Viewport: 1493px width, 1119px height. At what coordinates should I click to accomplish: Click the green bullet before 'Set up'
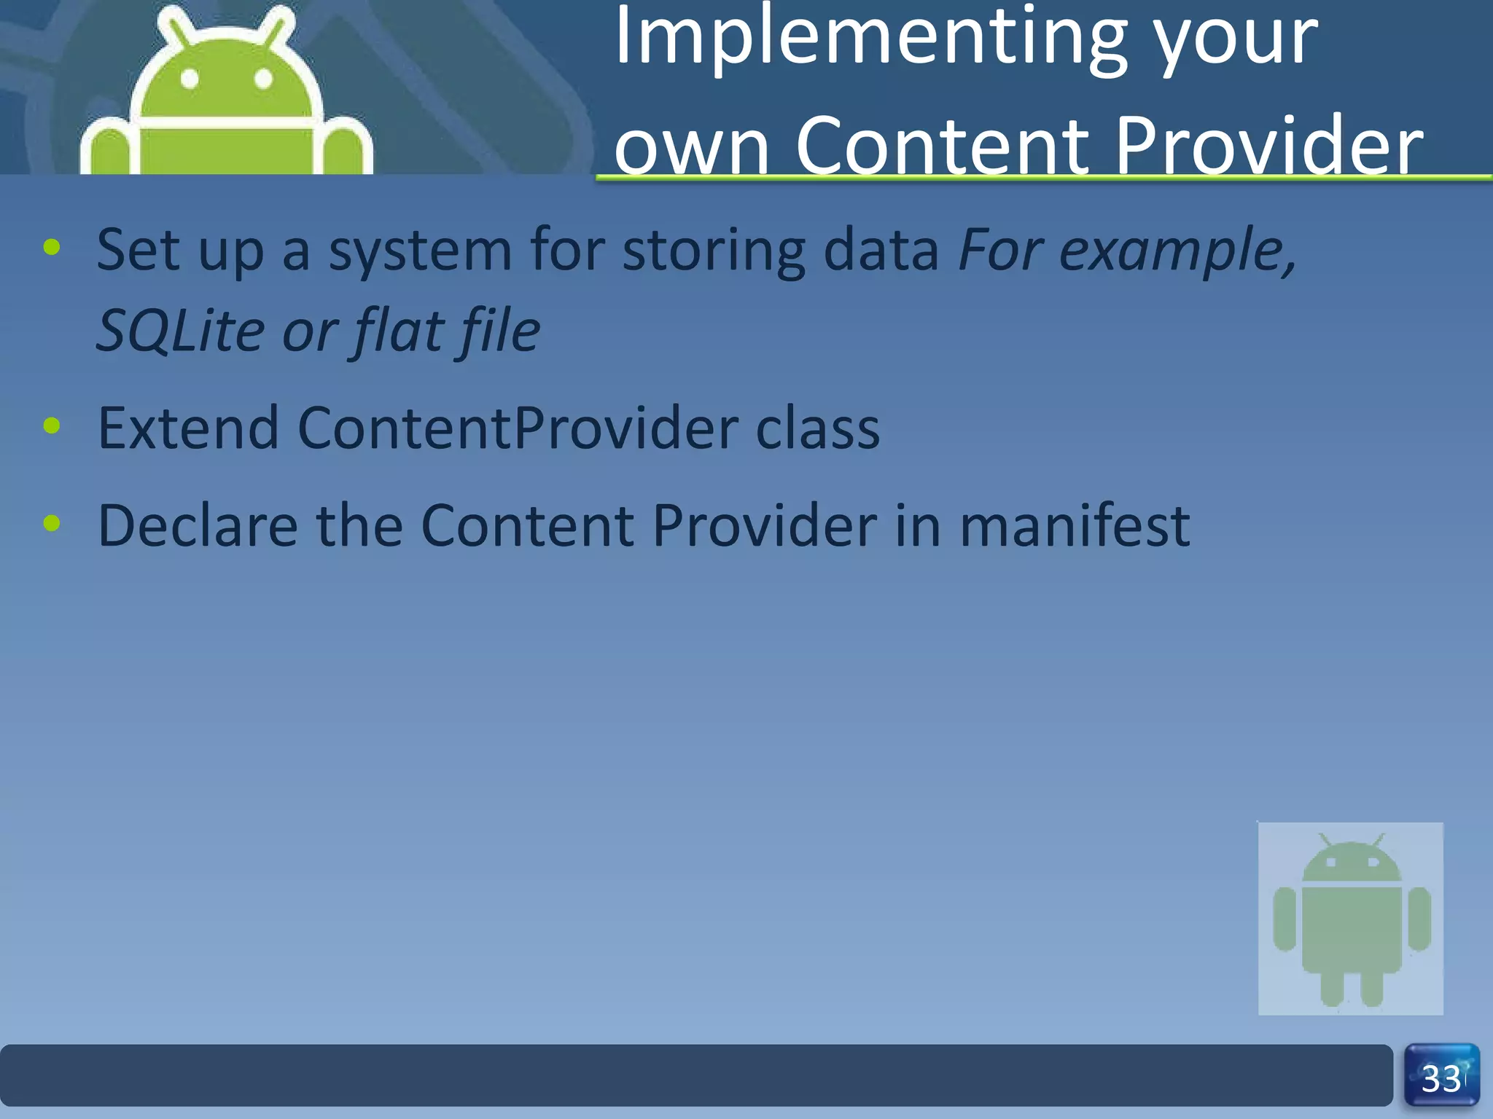click(52, 247)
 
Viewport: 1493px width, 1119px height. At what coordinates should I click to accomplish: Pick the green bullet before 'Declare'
click(52, 522)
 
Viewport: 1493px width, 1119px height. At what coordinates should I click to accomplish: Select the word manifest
click(1075, 525)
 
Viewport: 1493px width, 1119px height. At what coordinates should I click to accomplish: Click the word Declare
click(198, 525)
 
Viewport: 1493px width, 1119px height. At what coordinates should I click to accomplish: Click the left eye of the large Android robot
click(190, 78)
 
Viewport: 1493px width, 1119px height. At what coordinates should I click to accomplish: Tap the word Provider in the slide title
click(1268, 145)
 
